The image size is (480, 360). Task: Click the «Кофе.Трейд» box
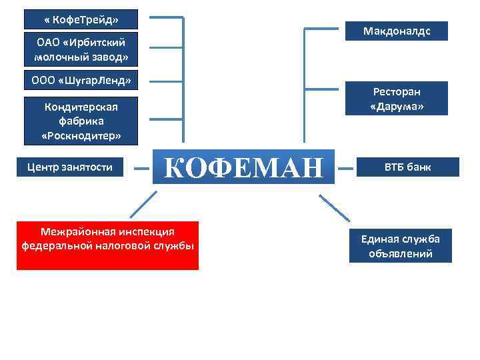(x=81, y=19)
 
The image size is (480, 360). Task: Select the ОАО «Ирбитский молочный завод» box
(x=81, y=50)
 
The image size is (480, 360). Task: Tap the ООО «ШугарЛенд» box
(x=81, y=80)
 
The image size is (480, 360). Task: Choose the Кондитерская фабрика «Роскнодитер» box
(x=81, y=121)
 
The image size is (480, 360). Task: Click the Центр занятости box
(x=70, y=167)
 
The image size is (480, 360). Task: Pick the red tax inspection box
(x=107, y=245)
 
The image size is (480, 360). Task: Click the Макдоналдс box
(x=396, y=31)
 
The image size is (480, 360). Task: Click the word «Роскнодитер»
(x=81, y=136)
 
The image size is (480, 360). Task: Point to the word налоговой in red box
(x=124, y=245)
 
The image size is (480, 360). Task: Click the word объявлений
(x=400, y=253)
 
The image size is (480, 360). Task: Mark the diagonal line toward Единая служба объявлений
(x=334, y=207)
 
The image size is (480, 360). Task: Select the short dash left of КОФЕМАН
(x=141, y=168)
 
